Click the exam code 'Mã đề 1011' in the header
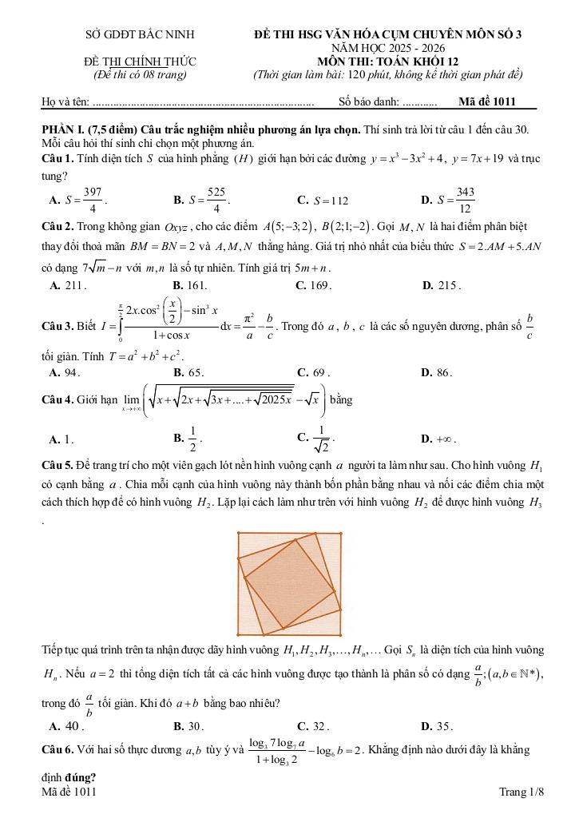coord(488,101)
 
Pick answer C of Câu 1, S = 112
coord(323,201)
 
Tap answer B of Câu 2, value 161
coord(191,284)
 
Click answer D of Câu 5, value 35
coord(438,726)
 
